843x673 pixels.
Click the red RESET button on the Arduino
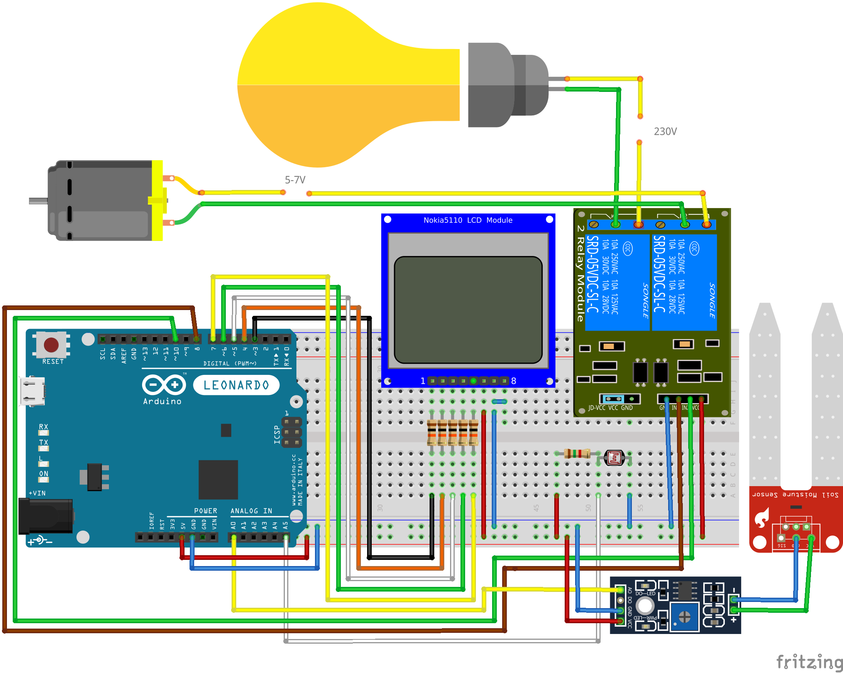click(51, 345)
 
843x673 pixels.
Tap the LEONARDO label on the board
click(236, 385)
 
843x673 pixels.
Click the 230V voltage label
click(665, 131)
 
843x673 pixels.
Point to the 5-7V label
click(295, 180)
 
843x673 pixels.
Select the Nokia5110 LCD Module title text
click(468, 220)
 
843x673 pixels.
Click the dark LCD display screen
click(468, 310)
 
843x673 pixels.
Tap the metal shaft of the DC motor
click(38, 201)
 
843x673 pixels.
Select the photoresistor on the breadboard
click(614, 457)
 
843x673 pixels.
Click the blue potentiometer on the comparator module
click(684, 617)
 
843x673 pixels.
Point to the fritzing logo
click(808, 662)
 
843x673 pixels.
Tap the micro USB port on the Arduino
click(32, 392)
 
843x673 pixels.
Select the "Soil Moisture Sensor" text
click(795, 495)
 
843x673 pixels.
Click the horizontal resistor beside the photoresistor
click(577, 454)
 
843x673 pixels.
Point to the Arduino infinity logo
click(164, 385)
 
